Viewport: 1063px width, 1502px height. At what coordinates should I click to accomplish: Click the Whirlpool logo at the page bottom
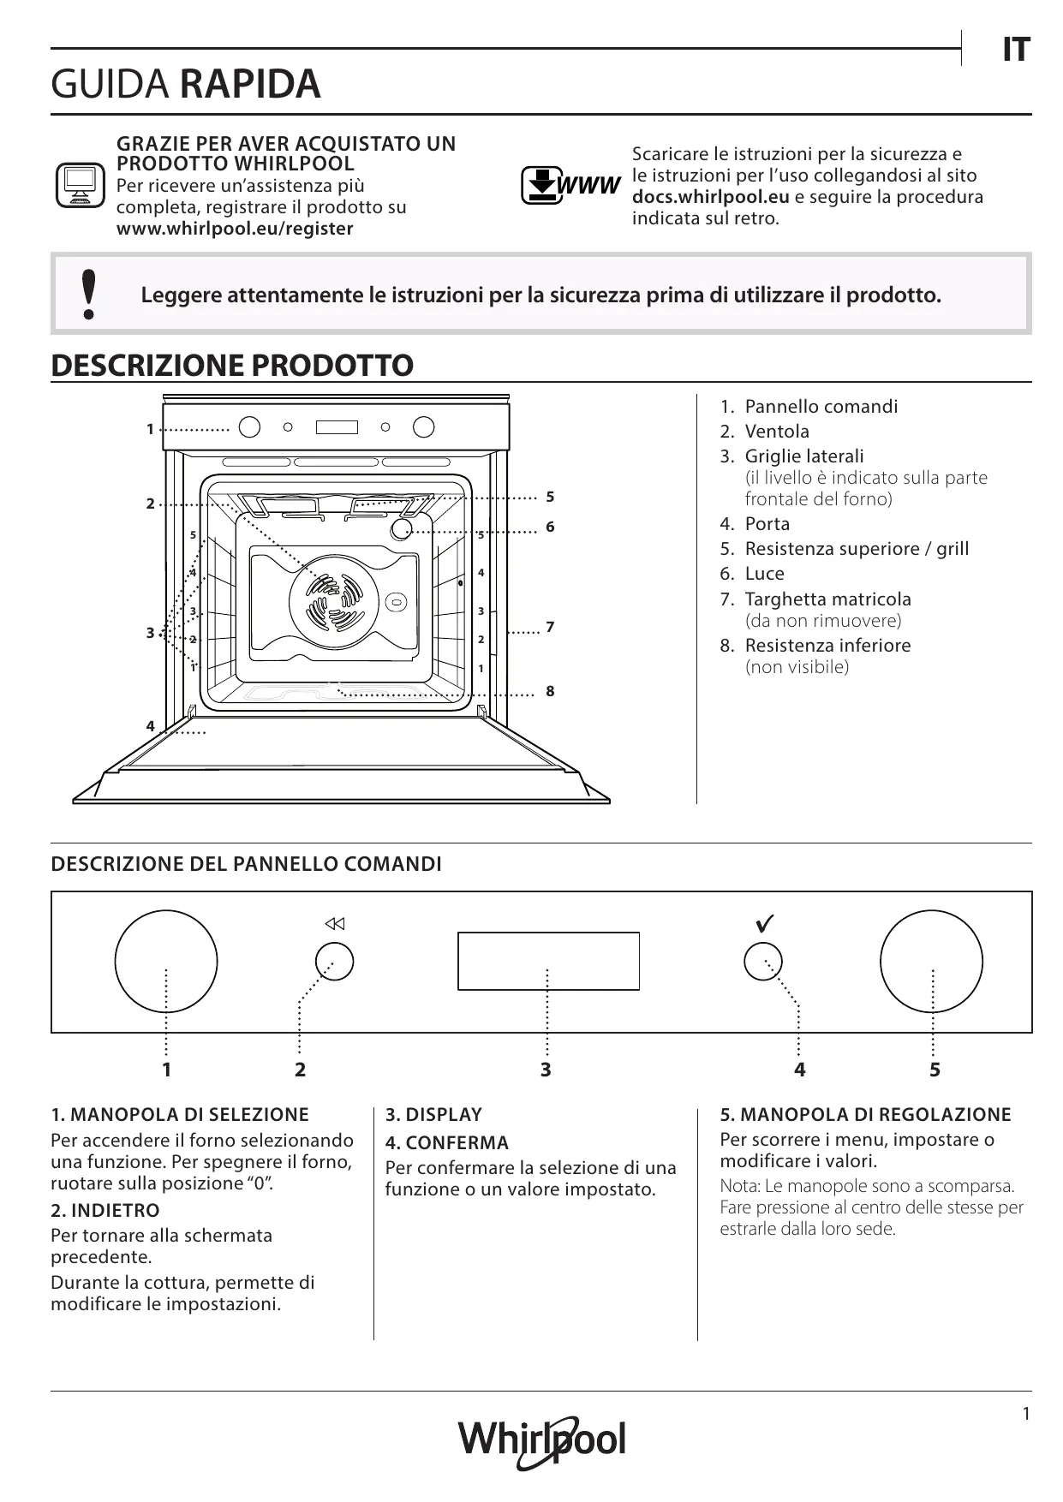[541, 1439]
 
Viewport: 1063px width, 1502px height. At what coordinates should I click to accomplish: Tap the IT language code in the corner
[1015, 51]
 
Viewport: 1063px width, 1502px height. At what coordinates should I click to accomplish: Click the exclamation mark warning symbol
[88, 295]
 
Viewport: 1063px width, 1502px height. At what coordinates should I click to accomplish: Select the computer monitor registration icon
[80, 185]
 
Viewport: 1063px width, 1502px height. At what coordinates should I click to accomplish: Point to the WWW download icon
[570, 185]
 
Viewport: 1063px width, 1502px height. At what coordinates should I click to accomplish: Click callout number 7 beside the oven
[550, 628]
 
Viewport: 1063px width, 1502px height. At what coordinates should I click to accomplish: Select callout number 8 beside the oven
[550, 691]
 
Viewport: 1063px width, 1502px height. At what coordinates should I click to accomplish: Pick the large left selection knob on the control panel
[165, 962]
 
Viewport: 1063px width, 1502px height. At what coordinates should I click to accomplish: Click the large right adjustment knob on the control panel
[931, 962]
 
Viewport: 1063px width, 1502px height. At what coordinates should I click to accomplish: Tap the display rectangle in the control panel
[548, 961]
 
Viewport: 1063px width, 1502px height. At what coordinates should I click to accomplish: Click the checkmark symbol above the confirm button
[765, 924]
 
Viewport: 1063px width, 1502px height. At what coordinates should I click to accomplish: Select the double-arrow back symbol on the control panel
[334, 924]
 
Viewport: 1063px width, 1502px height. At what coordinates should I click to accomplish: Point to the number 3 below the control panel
[546, 1070]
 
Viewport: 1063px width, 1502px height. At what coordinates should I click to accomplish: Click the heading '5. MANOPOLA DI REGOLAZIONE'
[865, 1115]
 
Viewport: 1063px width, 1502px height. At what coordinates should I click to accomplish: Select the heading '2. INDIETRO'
[105, 1211]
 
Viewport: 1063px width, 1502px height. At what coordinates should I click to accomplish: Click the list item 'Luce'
[764, 574]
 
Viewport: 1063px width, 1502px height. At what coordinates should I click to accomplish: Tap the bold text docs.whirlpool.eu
[710, 197]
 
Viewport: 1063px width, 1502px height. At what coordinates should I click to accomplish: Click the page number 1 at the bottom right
[1026, 1414]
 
